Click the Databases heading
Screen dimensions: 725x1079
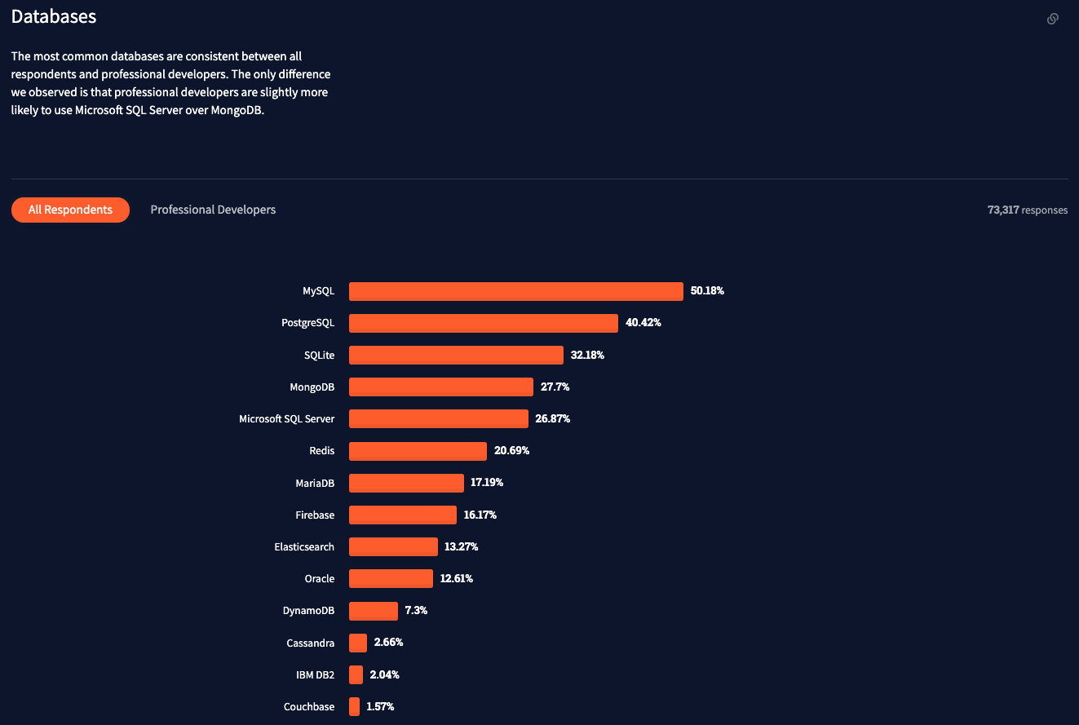click(54, 16)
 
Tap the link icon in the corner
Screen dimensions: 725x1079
click(1053, 19)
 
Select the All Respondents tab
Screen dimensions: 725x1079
click(70, 210)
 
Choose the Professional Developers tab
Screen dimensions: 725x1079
click(213, 210)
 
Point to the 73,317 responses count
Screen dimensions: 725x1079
click(1027, 210)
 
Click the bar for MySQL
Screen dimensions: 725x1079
click(515, 291)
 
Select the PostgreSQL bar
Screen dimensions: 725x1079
click(483, 323)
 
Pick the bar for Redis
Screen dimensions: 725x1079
click(418, 451)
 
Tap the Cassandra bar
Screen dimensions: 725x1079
click(358, 643)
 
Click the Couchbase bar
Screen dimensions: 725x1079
click(354, 706)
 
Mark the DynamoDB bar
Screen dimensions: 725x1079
click(374, 611)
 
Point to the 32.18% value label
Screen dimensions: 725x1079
click(587, 355)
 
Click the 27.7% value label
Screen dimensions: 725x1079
click(555, 387)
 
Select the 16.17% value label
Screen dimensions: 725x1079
click(480, 515)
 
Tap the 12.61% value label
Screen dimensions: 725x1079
click(456, 578)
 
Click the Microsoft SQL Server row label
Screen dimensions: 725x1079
click(286, 418)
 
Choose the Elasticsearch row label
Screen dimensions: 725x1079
click(304, 546)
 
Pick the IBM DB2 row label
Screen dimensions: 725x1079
click(315, 674)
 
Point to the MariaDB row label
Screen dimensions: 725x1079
click(315, 483)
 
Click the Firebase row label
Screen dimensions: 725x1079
click(315, 515)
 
